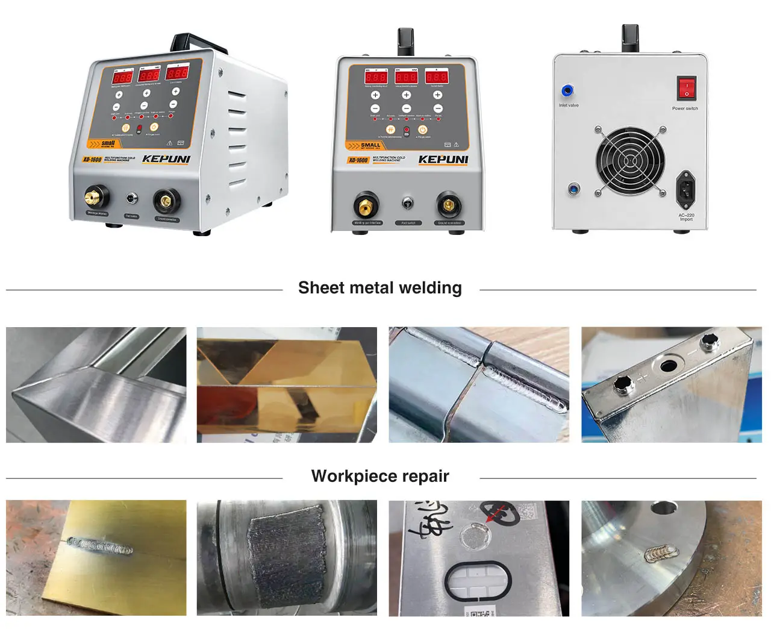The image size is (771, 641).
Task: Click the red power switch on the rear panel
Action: (686, 88)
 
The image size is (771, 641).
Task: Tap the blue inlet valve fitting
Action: (567, 91)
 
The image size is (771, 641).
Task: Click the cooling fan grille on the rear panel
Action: (629, 161)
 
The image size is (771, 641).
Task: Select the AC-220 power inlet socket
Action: (685, 188)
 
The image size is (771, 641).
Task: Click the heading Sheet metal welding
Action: (379, 288)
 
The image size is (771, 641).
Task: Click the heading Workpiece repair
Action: (379, 476)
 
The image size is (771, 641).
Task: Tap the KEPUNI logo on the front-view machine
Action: (443, 159)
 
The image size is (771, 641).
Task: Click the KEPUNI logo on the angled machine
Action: (166, 160)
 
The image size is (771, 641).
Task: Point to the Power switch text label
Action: (685, 108)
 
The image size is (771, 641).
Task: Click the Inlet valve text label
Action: (568, 105)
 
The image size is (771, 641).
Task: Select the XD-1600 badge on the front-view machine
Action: (358, 160)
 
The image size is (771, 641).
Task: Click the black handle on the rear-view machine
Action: (630, 37)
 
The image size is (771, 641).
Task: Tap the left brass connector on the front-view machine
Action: (366, 207)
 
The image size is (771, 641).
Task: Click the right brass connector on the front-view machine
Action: (448, 206)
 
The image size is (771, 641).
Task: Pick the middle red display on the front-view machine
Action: (406, 77)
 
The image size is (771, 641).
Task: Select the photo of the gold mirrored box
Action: (287, 384)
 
